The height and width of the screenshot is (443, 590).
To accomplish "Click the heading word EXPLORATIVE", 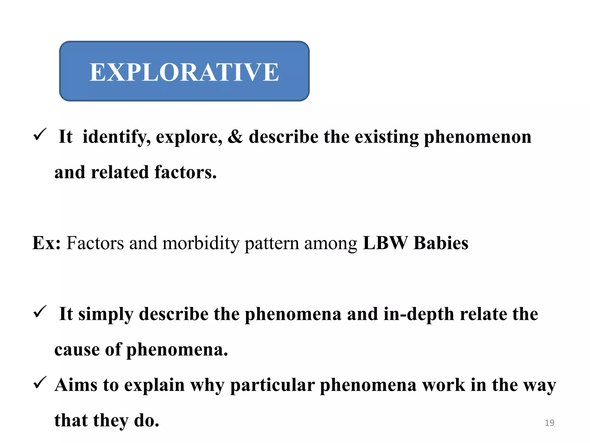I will (x=184, y=72).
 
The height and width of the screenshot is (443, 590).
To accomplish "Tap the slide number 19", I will (x=549, y=423).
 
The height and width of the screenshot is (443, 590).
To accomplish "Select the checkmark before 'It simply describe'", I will (x=40, y=312).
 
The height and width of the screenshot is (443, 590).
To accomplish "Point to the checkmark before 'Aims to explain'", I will (x=40, y=383).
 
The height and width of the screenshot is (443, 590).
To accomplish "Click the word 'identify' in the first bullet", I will (x=116, y=137).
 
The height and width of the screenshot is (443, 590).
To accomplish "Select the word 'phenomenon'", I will (x=478, y=137).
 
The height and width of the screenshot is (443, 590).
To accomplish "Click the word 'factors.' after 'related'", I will (x=186, y=172).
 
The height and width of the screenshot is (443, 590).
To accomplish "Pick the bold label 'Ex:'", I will (x=46, y=243).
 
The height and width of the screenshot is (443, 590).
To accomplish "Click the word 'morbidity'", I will (x=201, y=243).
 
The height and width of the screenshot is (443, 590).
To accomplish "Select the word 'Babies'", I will (x=441, y=243).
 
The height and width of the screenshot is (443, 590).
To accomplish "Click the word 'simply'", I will (x=106, y=314).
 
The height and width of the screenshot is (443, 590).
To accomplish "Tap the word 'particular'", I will (x=272, y=385).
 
